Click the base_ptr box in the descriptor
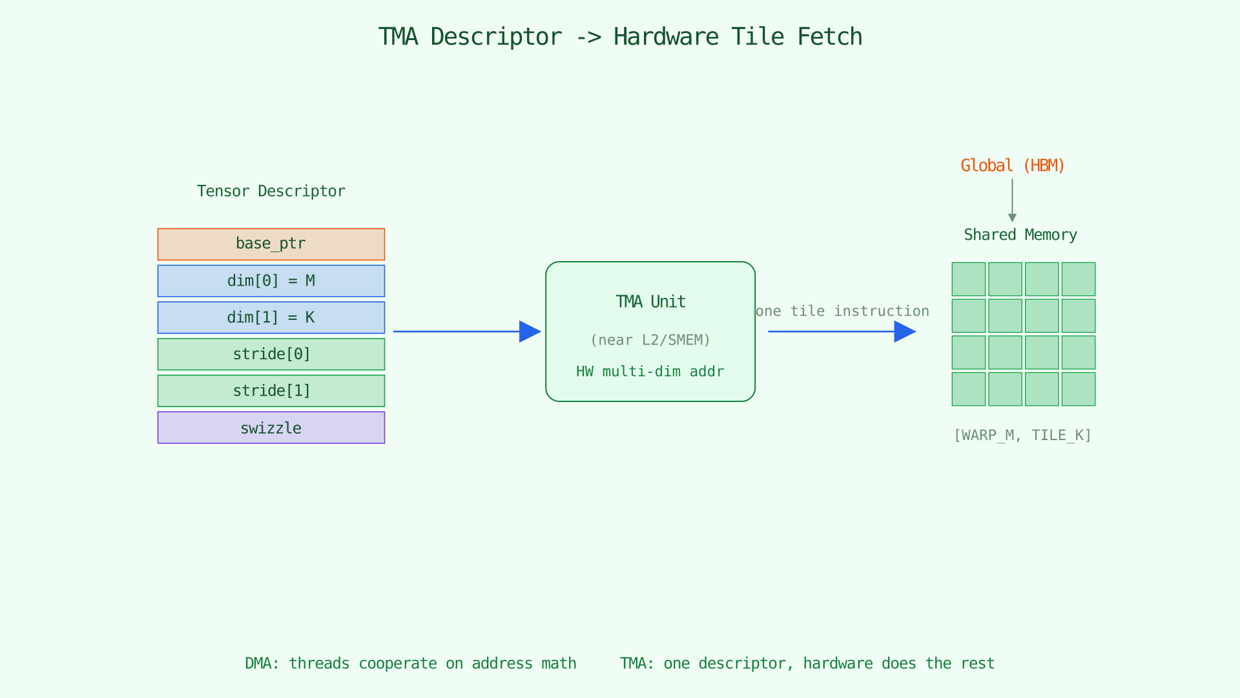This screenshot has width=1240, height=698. click(x=271, y=244)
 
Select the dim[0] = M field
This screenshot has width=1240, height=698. click(x=271, y=280)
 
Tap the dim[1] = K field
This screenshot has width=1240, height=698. click(x=271, y=317)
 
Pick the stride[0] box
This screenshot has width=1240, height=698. click(x=271, y=354)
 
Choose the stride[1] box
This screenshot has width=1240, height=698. click(x=271, y=391)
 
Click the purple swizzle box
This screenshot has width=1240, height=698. click(x=271, y=428)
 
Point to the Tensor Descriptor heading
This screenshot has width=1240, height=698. click(x=271, y=191)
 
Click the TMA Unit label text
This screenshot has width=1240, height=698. click(x=650, y=302)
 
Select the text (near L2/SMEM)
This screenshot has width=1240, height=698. click(x=650, y=340)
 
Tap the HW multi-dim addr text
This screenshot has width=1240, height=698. click(x=650, y=372)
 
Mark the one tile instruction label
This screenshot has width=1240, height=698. click(x=842, y=312)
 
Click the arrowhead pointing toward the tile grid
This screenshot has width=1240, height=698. click(x=905, y=332)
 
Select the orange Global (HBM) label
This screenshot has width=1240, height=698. click(x=1012, y=166)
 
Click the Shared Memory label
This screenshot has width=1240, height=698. click(x=1020, y=235)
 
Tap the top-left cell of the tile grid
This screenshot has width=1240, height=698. click(x=968, y=279)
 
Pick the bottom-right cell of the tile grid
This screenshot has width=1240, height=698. click(x=1078, y=389)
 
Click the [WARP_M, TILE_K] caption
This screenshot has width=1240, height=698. click(x=1022, y=436)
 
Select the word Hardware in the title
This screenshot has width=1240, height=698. click(x=665, y=37)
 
